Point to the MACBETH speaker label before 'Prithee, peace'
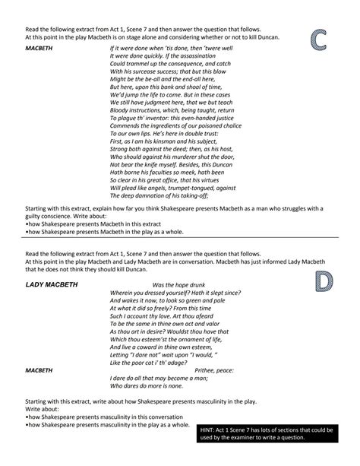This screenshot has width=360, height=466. click(x=39, y=370)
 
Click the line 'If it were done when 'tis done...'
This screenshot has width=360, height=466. click(x=171, y=47)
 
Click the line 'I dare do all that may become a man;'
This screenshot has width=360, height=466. click(x=157, y=378)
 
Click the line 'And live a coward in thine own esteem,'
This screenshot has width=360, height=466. click(x=159, y=347)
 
